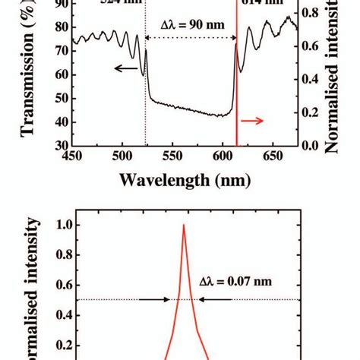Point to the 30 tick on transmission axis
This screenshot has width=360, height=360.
point(58,145)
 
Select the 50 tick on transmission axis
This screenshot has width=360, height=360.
point(58,98)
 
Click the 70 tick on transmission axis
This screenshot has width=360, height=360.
point(58,52)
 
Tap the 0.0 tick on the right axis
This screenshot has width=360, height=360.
point(311,145)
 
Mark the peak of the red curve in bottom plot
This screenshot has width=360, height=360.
point(183,226)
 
